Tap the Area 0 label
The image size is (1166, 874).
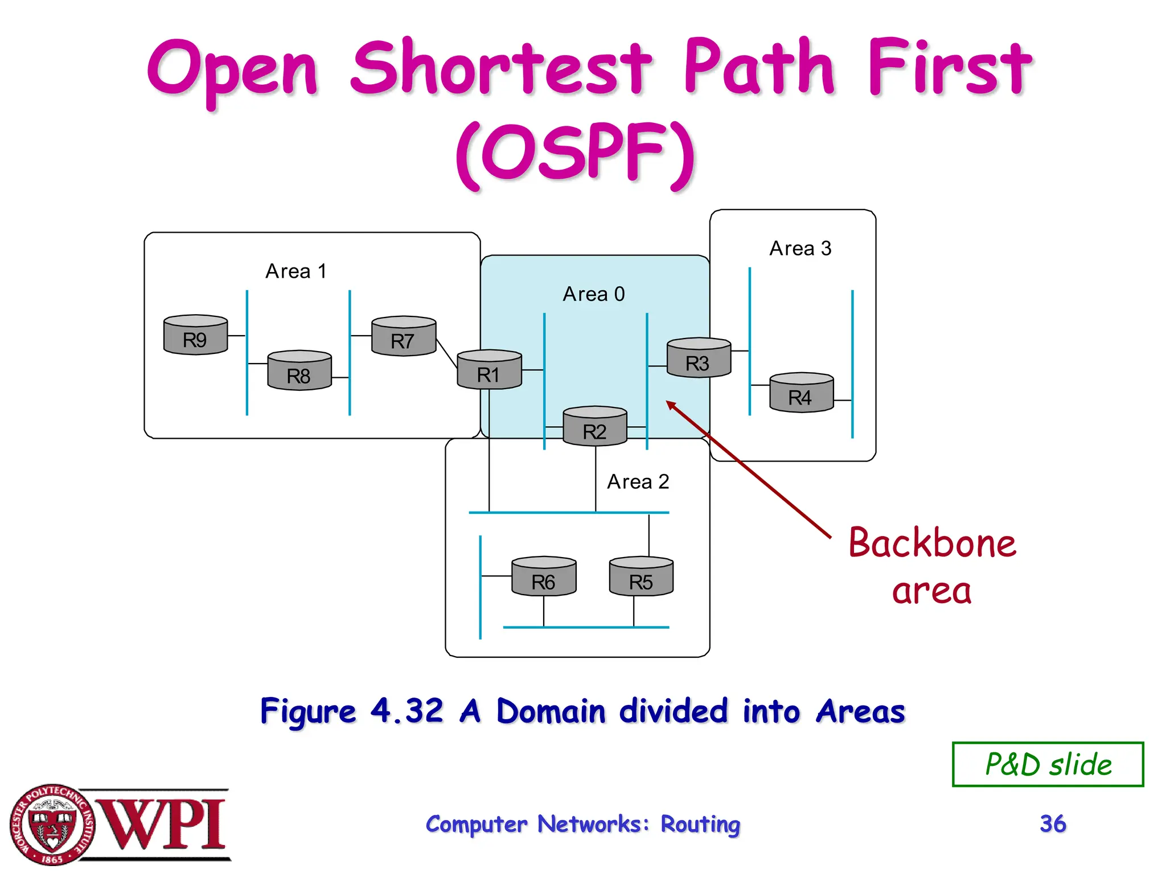tap(594, 294)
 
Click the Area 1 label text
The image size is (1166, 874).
tap(296, 271)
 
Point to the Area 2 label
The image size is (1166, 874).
tap(638, 482)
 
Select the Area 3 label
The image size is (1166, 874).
tap(800, 249)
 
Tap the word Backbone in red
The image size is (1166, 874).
tap(932, 543)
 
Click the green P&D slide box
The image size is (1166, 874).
tap(1048, 764)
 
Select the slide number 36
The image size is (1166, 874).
tap(1052, 823)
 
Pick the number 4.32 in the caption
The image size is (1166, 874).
tap(407, 711)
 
